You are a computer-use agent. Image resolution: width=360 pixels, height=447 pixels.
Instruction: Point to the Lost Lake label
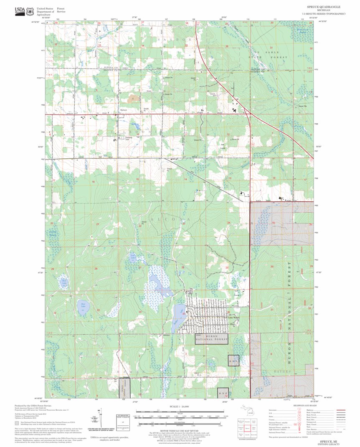coord(133,257)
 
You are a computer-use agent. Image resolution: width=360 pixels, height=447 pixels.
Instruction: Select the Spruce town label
coord(123,110)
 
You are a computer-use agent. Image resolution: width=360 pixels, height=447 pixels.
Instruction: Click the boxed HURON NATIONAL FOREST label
coord(212,338)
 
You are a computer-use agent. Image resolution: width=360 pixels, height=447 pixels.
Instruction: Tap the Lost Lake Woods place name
coord(230,317)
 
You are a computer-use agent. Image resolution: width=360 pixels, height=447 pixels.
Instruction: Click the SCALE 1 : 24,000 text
coord(180,406)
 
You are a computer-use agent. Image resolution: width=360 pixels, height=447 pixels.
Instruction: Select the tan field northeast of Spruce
coord(134,99)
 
